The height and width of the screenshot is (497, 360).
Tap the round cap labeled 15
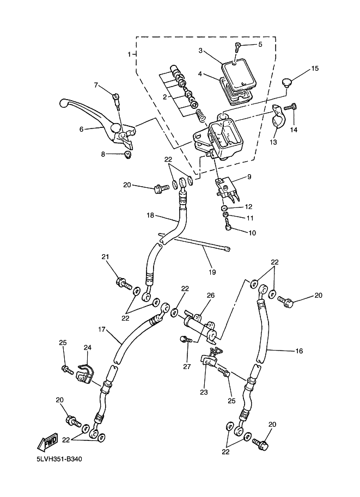click(x=288, y=83)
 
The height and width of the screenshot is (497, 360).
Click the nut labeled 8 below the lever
click(x=127, y=156)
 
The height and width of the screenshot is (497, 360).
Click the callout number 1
click(x=129, y=54)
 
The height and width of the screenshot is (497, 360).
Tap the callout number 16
click(x=298, y=351)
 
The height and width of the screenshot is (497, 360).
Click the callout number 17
click(x=101, y=329)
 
